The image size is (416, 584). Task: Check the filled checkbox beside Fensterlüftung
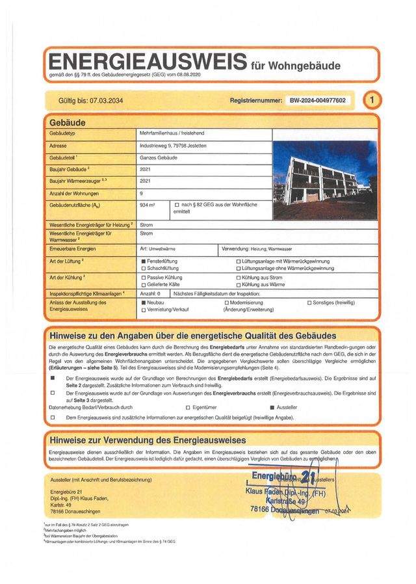pos(144,261)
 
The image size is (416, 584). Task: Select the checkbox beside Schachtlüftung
pos(144,268)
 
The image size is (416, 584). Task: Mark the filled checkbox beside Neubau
pos(144,303)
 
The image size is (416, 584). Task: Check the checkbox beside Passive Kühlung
pos(144,277)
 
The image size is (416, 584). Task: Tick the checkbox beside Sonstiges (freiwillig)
pos(309,303)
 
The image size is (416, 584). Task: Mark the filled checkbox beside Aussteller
pos(272,407)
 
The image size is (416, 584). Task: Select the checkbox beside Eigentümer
pos(188,407)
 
